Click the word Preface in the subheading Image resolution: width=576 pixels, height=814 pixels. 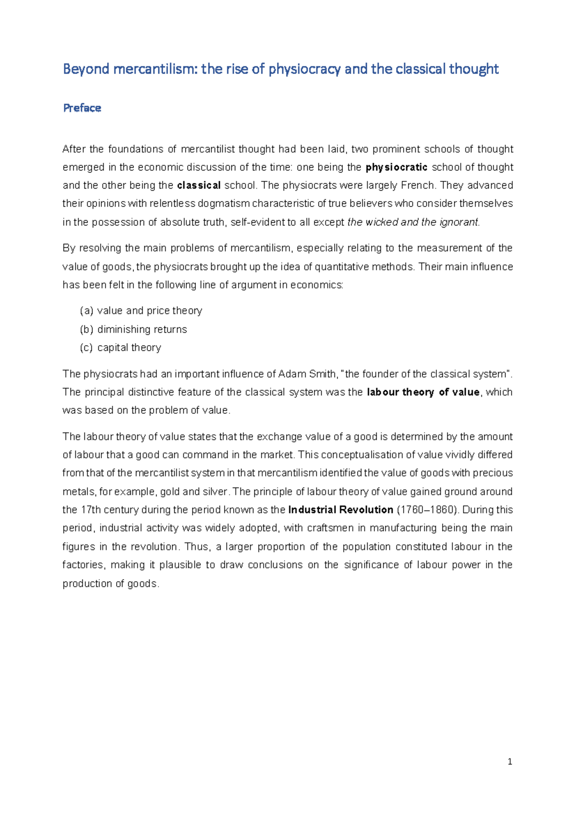point(82,108)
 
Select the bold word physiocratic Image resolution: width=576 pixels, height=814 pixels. point(396,168)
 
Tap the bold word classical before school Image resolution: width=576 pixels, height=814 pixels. point(199,186)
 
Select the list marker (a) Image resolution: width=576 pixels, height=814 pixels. point(86,311)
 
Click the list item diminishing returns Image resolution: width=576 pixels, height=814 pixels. point(142,330)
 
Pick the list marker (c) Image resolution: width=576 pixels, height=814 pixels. point(86,348)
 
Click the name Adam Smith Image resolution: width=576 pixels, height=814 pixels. point(308,374)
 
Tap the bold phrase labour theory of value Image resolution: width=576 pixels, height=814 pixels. point(423,393)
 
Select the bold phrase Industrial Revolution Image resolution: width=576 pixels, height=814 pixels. point(340,510)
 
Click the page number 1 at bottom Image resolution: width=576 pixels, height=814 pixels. point(510,762)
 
